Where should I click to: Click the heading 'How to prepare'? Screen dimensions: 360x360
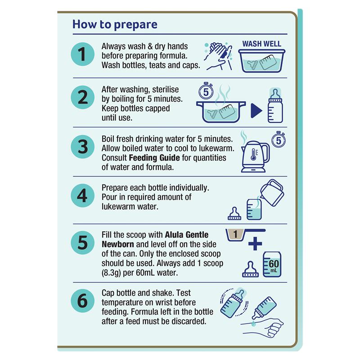pos(115,24)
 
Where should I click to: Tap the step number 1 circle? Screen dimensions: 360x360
pos(82,54)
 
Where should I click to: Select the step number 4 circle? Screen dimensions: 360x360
pos(82,196)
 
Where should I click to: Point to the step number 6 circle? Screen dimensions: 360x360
pos(82,301)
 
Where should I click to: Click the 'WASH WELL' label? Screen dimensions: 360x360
pos(262,44)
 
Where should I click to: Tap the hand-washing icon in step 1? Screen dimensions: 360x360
pos(218,56)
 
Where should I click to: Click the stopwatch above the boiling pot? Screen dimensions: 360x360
pos(206,91)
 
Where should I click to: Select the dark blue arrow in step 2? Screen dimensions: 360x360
pos(256,111)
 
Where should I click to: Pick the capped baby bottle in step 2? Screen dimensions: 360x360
pos(275,106)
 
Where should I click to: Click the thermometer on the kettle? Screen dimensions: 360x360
pos(253,154)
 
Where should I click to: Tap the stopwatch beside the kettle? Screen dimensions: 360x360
pos(279,139)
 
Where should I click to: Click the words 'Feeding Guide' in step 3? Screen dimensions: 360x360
pos(154,158)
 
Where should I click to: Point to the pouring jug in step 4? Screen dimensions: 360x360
pos(272,193)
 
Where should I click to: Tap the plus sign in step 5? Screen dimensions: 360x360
pos(255,243)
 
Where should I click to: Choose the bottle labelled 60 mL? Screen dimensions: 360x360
pos(272,264)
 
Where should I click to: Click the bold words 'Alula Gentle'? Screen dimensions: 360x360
pos(187,234)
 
